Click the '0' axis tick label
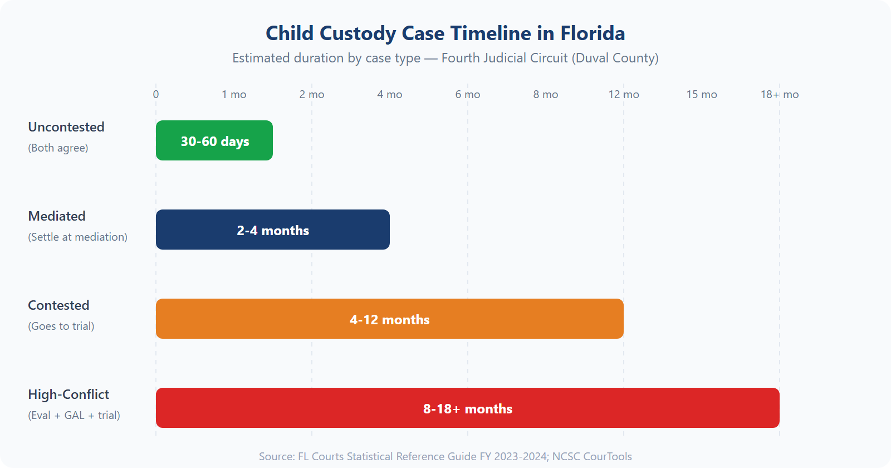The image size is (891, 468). pyautogui.click(x=156, y=94)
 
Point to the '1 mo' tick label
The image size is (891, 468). pyautogui.click(x=234, y=94)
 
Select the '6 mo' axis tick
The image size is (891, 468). pyautogui.click(x=468, y=94)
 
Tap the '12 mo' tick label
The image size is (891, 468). pyautogui.click(x=624, y=94)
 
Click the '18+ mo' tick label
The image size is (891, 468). pyautogui.click(x=780, y=94)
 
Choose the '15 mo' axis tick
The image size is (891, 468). pyautogui.click(x=702, y=94)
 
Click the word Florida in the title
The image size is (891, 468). pyautogui.click(x=593, y=33)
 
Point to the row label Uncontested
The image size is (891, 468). pyautogui.click(x=66, y=127)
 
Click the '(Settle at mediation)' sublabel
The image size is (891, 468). pyautogui.click(x=78, y=237)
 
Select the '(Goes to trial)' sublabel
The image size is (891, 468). pyautogui.click(x=61, y=326)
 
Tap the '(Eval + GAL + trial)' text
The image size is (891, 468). pyautogui.click(x=74, y=415)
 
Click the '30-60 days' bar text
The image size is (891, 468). pyautogui.click(x=215, y=142)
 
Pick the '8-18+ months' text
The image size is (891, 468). pyautogui.click(x=468, y=409)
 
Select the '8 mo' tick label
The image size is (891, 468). pyautogui.click(x=546, y=94)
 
